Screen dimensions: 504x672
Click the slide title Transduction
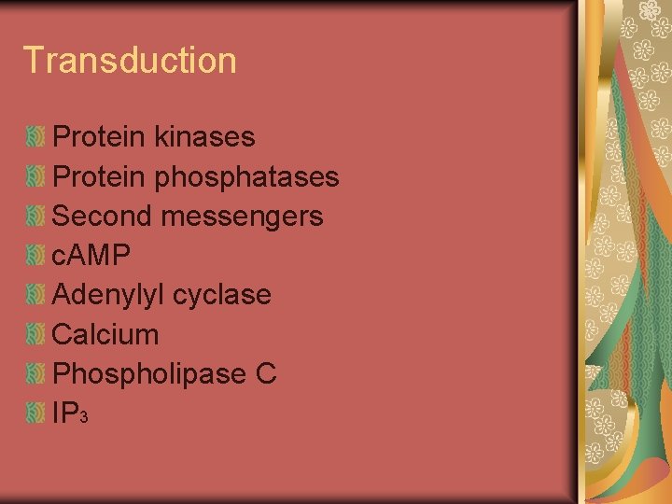coord(130,60)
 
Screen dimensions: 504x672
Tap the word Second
coord(102,216)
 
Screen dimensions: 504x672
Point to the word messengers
coord(242,217)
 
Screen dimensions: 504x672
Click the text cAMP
coord(91,255)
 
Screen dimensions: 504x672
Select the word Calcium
coord(105,334)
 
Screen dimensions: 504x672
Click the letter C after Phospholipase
coord(266,373)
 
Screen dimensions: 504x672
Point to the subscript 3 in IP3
coord(84,418)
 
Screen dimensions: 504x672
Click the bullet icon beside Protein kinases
coord(36,137)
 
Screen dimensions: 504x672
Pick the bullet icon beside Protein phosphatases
coord(36,176)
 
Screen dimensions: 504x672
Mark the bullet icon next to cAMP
coord(36,256)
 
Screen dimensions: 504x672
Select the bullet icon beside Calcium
coord(36,334)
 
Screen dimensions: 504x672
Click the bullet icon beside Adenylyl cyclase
coord(36,295)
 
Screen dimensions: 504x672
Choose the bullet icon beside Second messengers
coord(36,217)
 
